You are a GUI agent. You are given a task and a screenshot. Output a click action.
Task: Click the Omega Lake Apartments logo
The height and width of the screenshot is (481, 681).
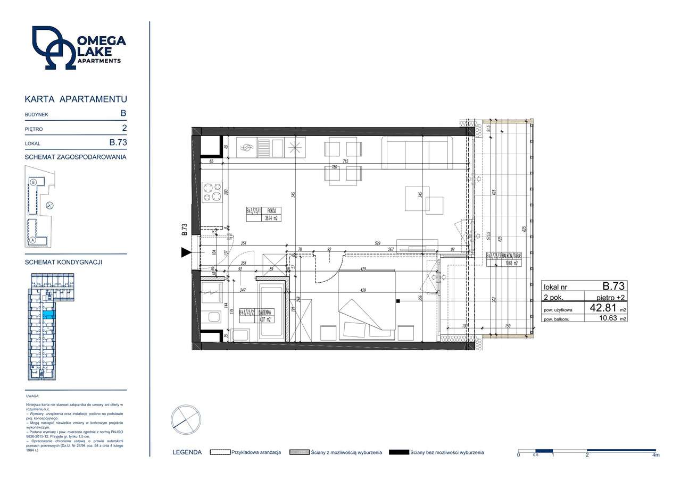coord(78,48)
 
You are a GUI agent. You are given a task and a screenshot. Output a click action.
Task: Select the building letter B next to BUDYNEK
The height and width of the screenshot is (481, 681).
coord(123,113)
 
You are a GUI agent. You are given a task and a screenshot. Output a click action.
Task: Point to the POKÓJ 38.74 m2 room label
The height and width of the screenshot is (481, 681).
coord(263,214)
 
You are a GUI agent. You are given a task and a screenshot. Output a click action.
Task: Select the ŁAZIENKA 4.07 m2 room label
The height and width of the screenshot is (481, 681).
coord(256,316)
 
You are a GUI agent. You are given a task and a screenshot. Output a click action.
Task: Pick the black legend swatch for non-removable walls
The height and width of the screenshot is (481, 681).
coord(399,452)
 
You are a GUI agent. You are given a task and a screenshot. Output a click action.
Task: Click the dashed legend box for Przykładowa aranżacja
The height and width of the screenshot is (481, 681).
coord(220,452)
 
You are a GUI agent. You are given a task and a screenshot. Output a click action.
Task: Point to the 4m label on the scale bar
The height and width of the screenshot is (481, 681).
coord(655,455)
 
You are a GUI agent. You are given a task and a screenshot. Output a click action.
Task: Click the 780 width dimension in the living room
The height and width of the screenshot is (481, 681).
coord(334,167)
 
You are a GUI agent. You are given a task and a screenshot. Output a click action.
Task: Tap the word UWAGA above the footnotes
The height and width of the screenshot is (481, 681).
coord(32,396)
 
